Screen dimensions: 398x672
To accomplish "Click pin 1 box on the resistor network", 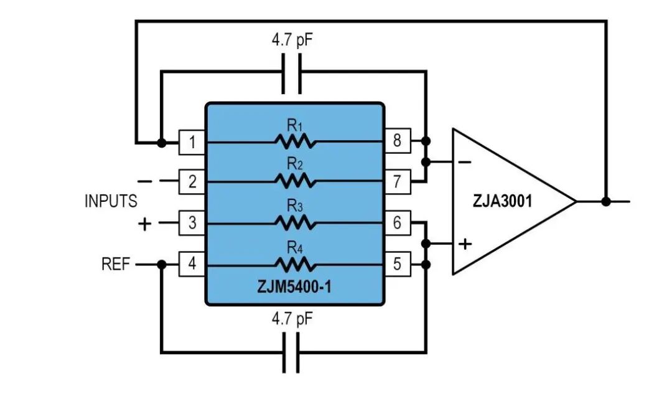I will point(192,143).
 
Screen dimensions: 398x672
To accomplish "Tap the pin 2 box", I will point(192,182).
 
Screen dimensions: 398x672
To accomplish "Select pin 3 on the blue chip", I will point(192,222).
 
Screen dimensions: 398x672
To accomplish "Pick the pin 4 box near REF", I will point(192,265).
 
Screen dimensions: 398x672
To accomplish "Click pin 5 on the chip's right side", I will point(397,265).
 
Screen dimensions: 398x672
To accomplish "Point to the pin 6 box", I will point(397,222).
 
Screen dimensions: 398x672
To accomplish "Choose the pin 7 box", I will point(397,182).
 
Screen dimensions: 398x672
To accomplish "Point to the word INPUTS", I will point(111,202).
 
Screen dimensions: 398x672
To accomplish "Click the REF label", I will point(116,265).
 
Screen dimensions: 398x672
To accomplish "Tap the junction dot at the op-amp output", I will point(605,201).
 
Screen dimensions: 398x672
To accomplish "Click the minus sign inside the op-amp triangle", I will point(465,163).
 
